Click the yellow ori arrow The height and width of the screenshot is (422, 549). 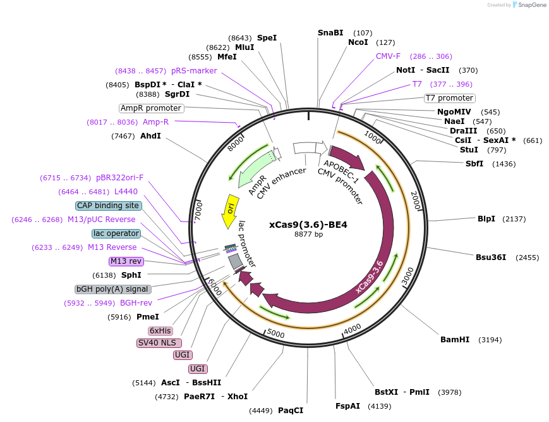[x=231, y=211]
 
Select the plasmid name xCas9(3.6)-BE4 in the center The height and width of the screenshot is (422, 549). [x=308, y=224]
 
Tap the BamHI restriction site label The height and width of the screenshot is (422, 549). [x=455, y=340]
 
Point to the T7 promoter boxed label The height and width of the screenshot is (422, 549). [x=449, y=98]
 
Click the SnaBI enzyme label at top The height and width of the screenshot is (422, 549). [x=330, y=32]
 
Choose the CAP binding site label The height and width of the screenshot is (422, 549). [x=108, y=206]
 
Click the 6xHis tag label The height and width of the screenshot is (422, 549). [x=160, y=331]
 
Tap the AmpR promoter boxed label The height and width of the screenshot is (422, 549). [x=151, y=108]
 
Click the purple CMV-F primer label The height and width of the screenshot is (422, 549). [x=388, y=56]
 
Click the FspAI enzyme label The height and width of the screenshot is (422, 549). [x=347, y=406]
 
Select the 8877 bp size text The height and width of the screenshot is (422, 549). [x=308, y=234]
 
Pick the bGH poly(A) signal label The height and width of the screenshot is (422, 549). [x=113, y=289]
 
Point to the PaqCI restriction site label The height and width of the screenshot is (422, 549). [x=291, y=411]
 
